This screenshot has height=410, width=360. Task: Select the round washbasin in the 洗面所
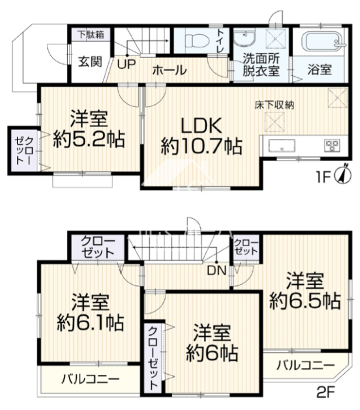click(244, 39)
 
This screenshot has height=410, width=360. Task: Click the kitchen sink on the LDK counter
click(282, 146)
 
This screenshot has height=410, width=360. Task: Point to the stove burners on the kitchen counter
click(332, 146)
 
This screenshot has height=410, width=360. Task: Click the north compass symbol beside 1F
click(344, 174)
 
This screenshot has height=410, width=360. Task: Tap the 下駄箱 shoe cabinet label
click(91, 35)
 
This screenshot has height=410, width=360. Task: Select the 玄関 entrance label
click(90, 61)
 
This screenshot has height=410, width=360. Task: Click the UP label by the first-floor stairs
click(126, 64)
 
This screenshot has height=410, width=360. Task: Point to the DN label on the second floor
click(217, 271)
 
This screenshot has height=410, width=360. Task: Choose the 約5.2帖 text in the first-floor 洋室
click(89, 139)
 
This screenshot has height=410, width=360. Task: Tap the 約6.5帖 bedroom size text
click(305, 301)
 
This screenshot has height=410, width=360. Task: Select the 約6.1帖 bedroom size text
click(90, 323)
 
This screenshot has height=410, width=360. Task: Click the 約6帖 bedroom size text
click(212, 354)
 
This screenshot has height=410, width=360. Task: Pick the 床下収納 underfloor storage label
click(275, 105)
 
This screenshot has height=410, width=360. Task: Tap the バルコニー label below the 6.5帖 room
click(306, 365)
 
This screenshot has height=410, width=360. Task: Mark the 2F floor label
click(326, 392)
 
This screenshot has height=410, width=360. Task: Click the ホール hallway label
click(169, 70)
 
